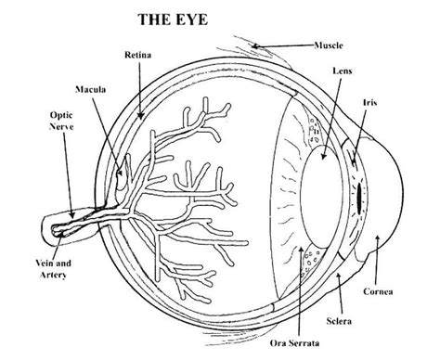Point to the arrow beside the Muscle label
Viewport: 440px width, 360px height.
(x=289, y=43)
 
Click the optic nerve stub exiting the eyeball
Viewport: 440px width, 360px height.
(x=70, y=223)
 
